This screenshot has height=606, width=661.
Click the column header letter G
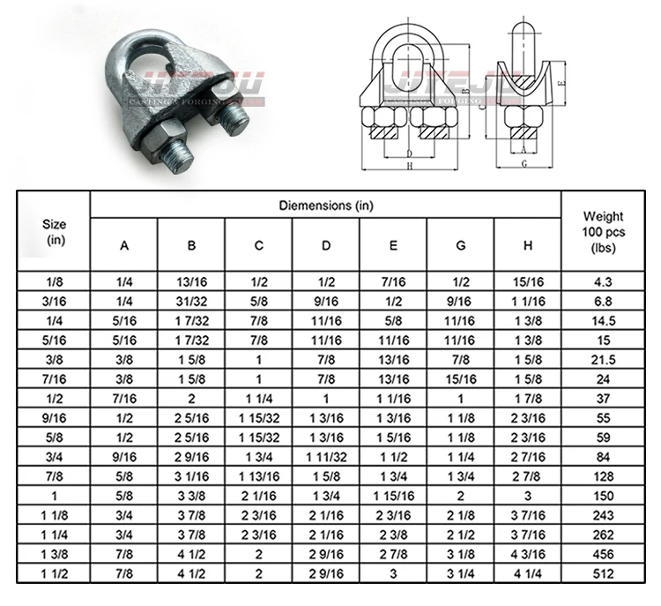[460, 246]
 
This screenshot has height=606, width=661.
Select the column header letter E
[393, 246]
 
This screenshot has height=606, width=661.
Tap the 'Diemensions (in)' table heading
[326, 206]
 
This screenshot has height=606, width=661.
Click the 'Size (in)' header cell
[55, 232]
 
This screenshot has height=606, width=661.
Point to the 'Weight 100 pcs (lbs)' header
[604, 232]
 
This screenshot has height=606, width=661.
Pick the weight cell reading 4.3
[604, 281]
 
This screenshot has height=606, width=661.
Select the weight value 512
[604, 573]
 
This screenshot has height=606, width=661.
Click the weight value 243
[604, 515]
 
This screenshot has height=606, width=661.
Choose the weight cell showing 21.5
[604, 359]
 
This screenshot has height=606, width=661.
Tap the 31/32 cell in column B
[191, 301]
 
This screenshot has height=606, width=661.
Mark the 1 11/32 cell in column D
[326, 456]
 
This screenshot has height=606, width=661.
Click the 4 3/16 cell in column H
[527, 554]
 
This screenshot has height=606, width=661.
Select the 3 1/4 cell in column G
[460, 573]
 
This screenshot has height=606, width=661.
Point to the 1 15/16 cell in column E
[393, 496]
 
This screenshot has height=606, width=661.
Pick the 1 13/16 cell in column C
[258, 476]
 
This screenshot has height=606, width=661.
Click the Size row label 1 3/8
[55, 554]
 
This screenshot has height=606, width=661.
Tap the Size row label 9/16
[55, 417]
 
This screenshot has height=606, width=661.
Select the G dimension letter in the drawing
[524, 163]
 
